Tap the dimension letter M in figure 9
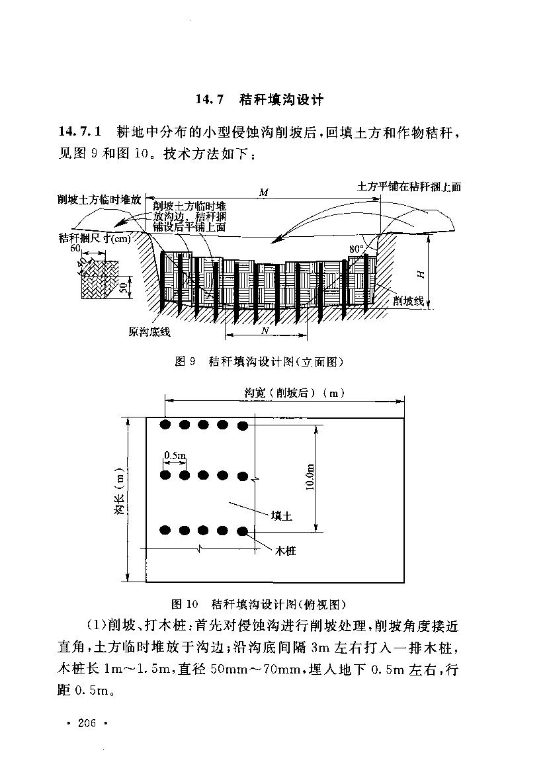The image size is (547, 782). pos(263,193)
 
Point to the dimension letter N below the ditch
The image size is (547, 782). pos(265,329)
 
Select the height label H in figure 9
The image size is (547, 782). pos(421,272)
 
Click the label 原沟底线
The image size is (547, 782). pos(149,333)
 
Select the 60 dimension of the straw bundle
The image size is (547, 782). pos(74,248)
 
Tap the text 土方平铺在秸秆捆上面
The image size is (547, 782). pos(408,187)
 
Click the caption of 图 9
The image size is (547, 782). pos(259,361)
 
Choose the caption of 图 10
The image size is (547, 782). pos(259,604)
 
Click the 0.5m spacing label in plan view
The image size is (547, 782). pos(175,456)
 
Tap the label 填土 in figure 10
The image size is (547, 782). pos(282,515)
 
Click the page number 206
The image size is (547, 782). pos(87,723)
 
